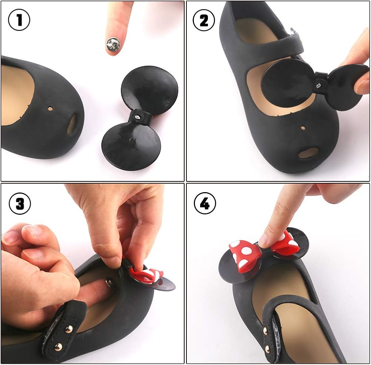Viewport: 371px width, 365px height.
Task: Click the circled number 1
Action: (19, 20)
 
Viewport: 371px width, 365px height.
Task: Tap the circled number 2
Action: (204, 20)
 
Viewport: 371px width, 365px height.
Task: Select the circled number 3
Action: (20, 203)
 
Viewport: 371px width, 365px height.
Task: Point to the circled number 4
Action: (205, 203)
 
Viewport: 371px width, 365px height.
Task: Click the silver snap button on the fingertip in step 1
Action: (112, 44)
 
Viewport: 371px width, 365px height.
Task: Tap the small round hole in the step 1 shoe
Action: (50, 109)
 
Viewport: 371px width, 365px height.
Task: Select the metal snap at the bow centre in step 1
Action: (137, 117)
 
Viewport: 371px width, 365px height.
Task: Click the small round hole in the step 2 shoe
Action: (303, 128)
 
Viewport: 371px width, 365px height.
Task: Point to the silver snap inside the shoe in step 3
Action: (110, 281)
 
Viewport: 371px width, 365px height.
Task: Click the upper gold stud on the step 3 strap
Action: (69, 328)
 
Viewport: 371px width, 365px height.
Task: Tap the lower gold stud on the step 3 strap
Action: (58, 347)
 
